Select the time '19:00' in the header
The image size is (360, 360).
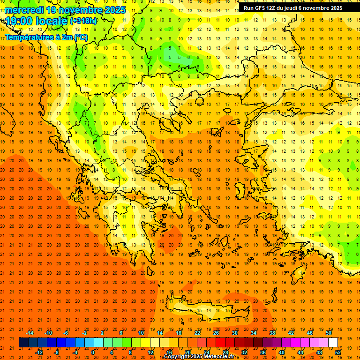pos(21,21)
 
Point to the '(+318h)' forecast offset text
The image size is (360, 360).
pos(83,21)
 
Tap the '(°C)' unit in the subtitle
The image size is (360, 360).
pos(80,37)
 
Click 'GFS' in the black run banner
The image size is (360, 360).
pos(261,8)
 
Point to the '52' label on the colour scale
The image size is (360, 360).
pos(338,352)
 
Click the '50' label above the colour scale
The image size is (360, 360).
pos(328,333)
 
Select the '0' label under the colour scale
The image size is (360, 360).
pos(93,352)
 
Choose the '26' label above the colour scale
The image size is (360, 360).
pos(216,333)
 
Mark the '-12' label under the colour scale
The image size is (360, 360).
pos(39,352)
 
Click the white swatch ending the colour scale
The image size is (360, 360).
pos(333,343)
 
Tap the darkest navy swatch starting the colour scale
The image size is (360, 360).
pos(23,343)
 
